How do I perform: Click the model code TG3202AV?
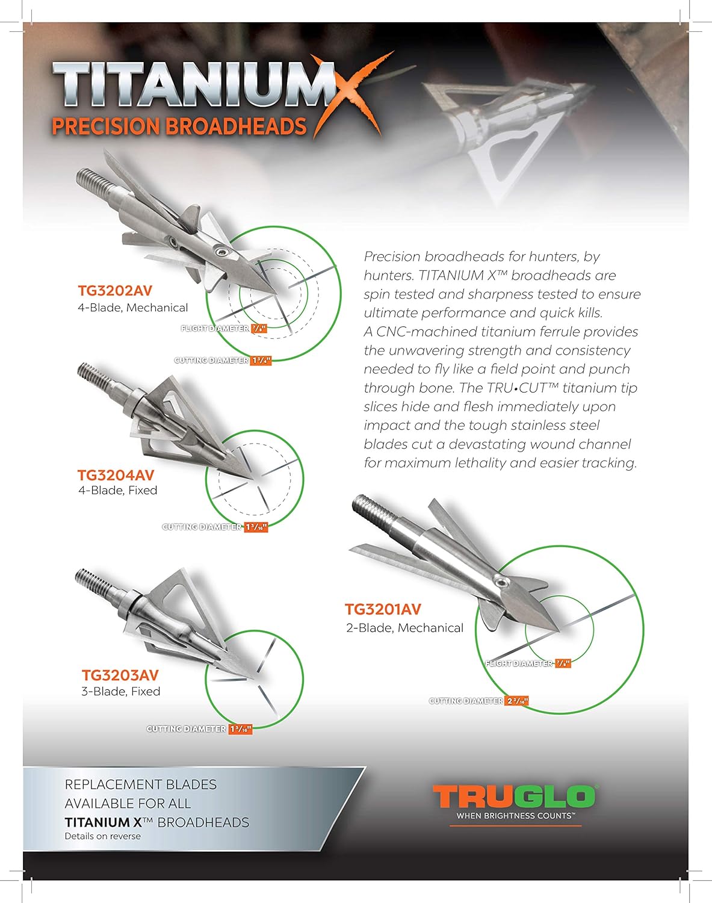115,290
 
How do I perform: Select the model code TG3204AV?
116,474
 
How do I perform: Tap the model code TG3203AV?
120,675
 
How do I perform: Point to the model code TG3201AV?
383,609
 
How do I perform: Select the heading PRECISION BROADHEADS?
179,126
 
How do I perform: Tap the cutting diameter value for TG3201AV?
517,701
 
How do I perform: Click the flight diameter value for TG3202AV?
258,329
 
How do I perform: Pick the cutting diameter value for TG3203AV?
240,729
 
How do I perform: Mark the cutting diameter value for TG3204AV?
256,527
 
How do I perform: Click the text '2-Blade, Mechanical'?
404,628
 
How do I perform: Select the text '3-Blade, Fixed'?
120,691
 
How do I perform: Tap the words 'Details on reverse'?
102,836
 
